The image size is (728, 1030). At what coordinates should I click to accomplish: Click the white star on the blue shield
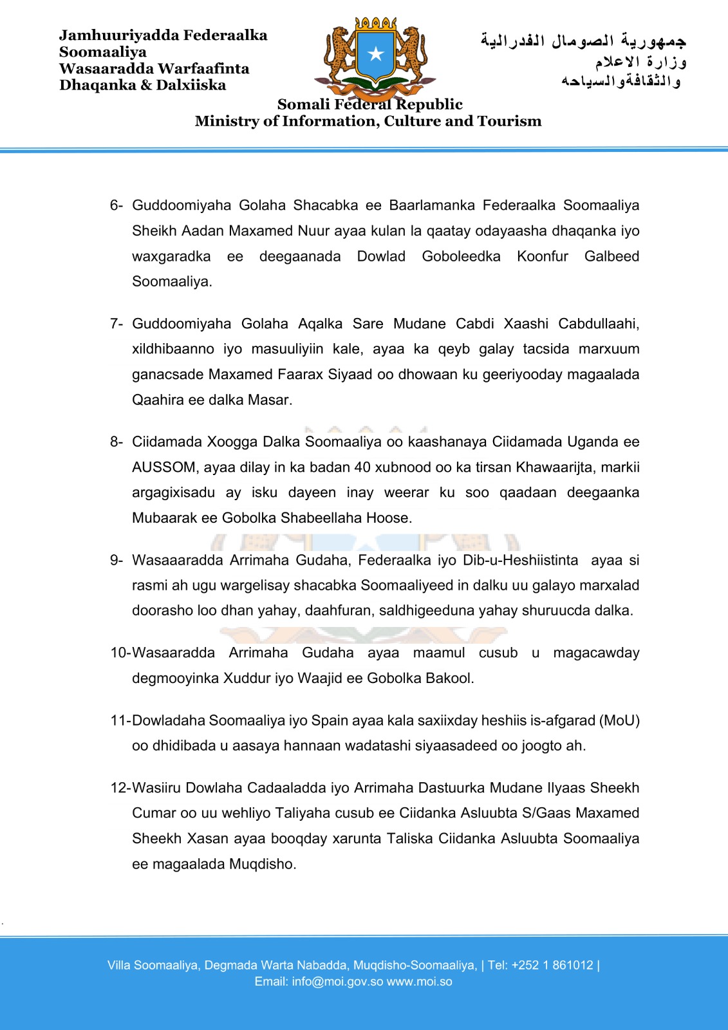click(x=375, y=53)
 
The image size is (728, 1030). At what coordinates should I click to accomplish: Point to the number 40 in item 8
click(x=362, y=467)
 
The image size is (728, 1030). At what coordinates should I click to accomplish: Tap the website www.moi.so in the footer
click(x=420, y=982)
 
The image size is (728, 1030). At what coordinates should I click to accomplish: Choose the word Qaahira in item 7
click(x=158, y=400)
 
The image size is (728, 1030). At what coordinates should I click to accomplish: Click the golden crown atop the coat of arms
click(x=376, y=23)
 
